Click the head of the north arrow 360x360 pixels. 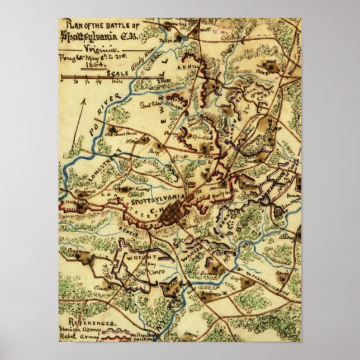[x=85, y=101]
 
